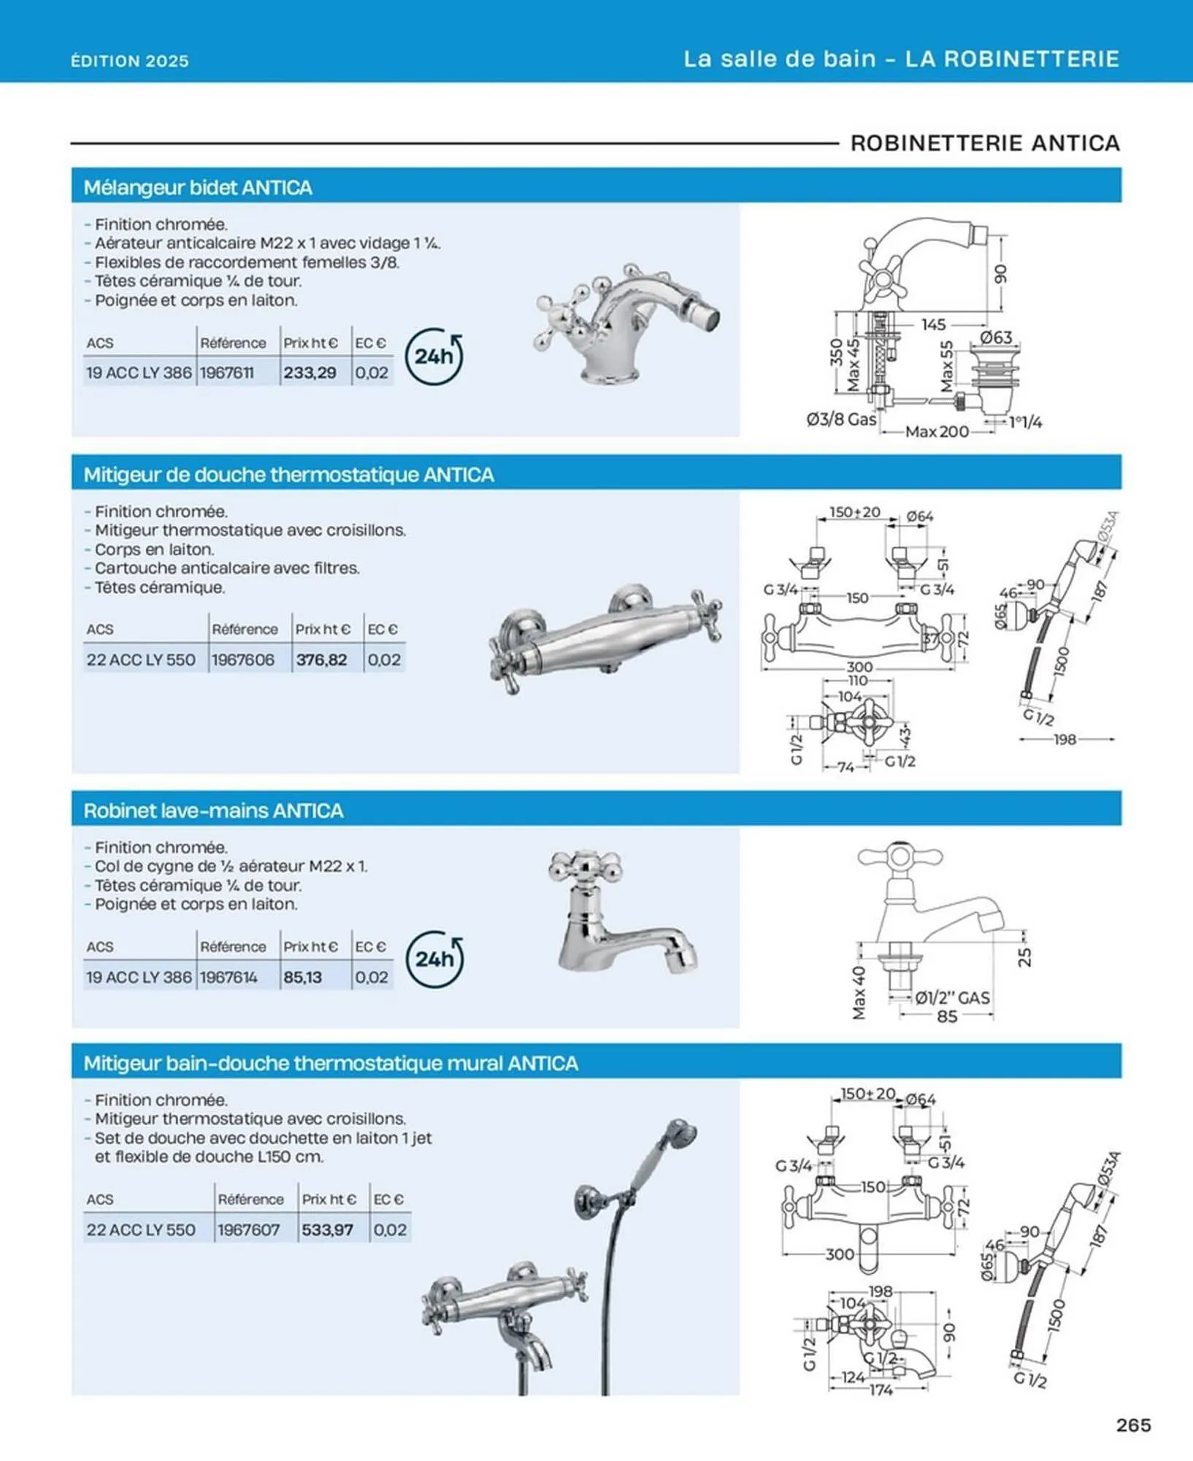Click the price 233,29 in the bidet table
310,373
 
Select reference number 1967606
243,660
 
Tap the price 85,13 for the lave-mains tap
302,977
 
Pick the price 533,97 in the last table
327,1229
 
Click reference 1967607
249,1229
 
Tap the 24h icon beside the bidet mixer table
434,356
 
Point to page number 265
1133,1424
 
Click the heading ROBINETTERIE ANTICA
985,143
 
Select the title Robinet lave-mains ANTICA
213,810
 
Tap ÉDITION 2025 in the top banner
130,61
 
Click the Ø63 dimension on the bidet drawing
996,337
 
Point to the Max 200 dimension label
937,432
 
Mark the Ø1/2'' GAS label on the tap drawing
953,997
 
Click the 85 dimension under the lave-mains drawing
947,1016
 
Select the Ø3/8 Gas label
841,419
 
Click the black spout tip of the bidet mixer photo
711,318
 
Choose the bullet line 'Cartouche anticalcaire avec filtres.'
227,568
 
